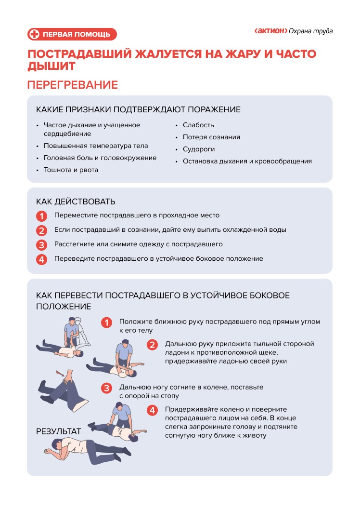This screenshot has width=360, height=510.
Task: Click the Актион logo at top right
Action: coord(271,31)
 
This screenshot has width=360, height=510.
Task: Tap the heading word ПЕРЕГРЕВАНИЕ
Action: coord(73,85)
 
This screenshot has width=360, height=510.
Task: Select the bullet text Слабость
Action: coord(198,125)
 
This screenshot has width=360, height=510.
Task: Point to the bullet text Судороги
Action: coord(199,149)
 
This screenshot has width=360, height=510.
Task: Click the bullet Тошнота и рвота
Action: coord(71,170)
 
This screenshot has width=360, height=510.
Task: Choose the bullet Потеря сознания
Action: coord(211,137)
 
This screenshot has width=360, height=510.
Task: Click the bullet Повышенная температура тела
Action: coord(96,146)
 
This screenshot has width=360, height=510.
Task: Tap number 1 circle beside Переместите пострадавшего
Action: coord(42,216)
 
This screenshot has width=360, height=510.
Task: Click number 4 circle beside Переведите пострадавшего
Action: coord(42,259)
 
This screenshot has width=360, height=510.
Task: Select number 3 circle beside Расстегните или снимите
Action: coord(42,245)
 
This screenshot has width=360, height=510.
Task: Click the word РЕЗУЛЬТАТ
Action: coord(59,431)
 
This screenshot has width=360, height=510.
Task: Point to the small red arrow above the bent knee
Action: coord(60,372)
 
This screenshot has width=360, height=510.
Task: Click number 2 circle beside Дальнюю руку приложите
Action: coord(152,345)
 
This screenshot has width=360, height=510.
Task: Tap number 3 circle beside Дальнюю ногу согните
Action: coord(107,388)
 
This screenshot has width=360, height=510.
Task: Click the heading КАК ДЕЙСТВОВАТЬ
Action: coord(76,201)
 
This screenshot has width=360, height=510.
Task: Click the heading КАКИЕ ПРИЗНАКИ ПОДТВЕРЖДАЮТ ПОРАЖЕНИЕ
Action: coord(138,109)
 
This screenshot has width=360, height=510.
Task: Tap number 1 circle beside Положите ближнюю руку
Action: coord(107,322)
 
